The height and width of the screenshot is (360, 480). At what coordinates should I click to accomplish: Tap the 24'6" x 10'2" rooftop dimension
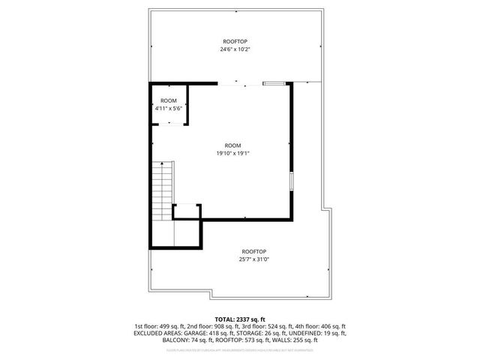pyautogui.click(x=235, y=49)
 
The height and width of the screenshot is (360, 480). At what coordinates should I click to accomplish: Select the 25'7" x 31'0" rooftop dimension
pyautogui.click(x=253, y=259)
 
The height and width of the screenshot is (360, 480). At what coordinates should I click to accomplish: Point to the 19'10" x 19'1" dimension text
pyautogui.click(x=232, y=153)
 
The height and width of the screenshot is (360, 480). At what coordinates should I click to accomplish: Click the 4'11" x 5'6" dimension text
pyautogui.click(x=168, y=108)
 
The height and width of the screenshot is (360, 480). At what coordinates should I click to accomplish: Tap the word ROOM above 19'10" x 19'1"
pyautogui.click(x=232, y=145)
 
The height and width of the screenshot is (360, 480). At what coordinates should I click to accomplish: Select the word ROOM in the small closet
pyautogui.click(x=168, y=100)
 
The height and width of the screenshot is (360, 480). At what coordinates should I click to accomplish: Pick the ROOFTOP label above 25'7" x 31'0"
pyautogui.click(x=253, y=251)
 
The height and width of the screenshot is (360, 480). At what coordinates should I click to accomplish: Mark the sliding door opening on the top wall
pyautogui.click(x=240, y=82)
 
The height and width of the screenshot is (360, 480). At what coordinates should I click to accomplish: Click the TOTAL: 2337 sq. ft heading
pyautogui.click(x=240, y=319)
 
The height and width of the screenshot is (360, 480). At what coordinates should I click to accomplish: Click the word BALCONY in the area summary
pyautogui.click(x=175, y=340)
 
